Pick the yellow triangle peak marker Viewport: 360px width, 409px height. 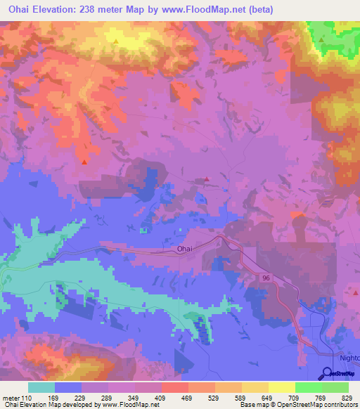[115, 41]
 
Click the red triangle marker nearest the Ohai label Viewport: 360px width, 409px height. [207, 179]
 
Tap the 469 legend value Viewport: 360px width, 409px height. [188, 397]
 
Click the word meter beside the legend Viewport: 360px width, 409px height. [11, 397]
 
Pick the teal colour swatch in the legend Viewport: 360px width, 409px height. [41, 387]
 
